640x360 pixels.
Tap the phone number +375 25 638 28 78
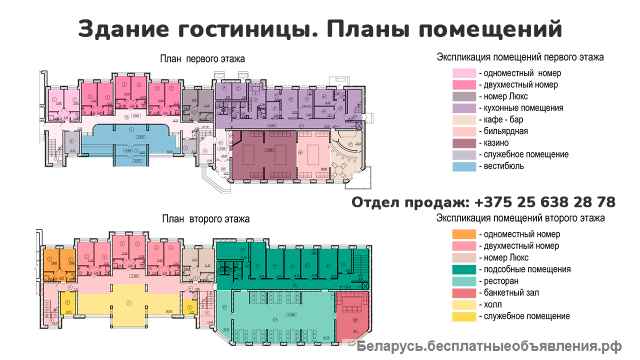[532, 202]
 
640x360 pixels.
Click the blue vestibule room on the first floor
[110, 140]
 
